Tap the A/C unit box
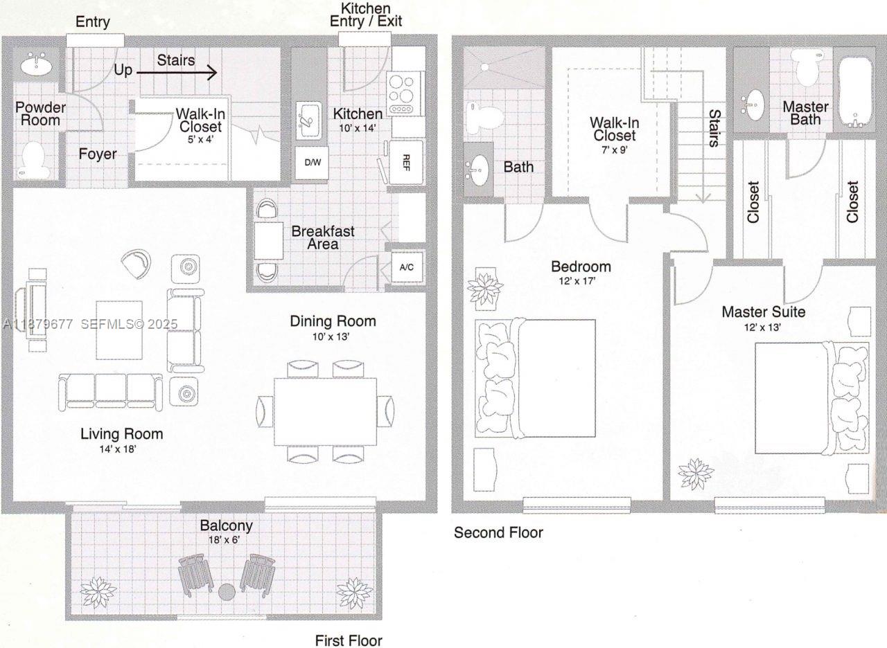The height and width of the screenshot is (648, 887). tap(406, 268)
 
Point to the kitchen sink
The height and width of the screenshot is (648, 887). tap(308, 120)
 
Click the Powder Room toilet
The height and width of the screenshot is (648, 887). tap(33, 159)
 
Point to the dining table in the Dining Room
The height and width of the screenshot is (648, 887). tap(325, 411)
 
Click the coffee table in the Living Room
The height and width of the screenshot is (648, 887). tap(119, 330)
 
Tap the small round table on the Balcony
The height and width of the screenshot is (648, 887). tap(227, 593)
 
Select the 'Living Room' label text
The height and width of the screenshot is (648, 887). tap(122, 434)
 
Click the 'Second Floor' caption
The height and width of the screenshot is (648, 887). tap(498, 532)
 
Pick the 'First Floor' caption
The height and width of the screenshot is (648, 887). tap(349, 640)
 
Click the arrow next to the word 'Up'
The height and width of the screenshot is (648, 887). tap(177, 71)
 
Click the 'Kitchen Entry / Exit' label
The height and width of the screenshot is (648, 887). tap(365, 15)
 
